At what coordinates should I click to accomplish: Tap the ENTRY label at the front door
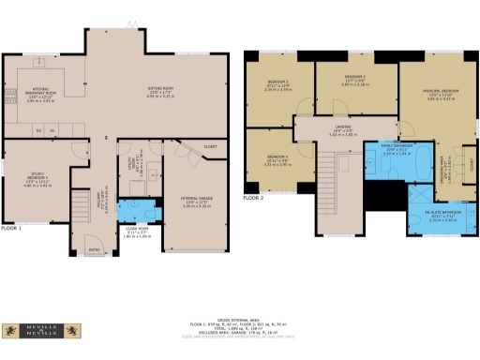94,251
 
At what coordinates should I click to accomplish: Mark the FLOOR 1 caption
11,228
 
